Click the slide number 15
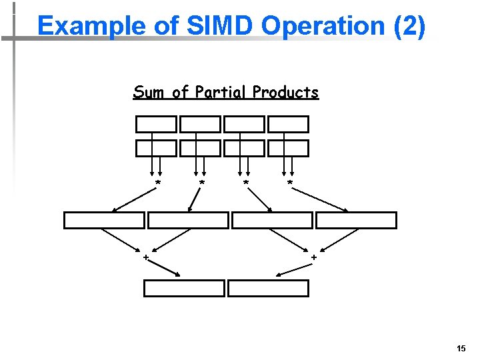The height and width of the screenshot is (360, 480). [461, 349]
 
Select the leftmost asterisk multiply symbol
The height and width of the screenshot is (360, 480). [158, 183]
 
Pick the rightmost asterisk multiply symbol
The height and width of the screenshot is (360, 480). [289, 183]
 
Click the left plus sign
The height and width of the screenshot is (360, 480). [145, 257]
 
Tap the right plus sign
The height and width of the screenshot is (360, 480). [313, 257]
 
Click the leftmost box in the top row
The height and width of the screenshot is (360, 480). [157, 124]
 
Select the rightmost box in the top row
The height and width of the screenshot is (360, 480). [289, 124]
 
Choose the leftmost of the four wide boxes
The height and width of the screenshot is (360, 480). [104, 220]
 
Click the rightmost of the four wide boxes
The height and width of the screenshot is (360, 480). [356, 220]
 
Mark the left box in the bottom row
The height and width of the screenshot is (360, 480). [185, 288]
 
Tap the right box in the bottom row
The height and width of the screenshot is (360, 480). [268, 288]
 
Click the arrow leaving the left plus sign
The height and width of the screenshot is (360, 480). [165, 268]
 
